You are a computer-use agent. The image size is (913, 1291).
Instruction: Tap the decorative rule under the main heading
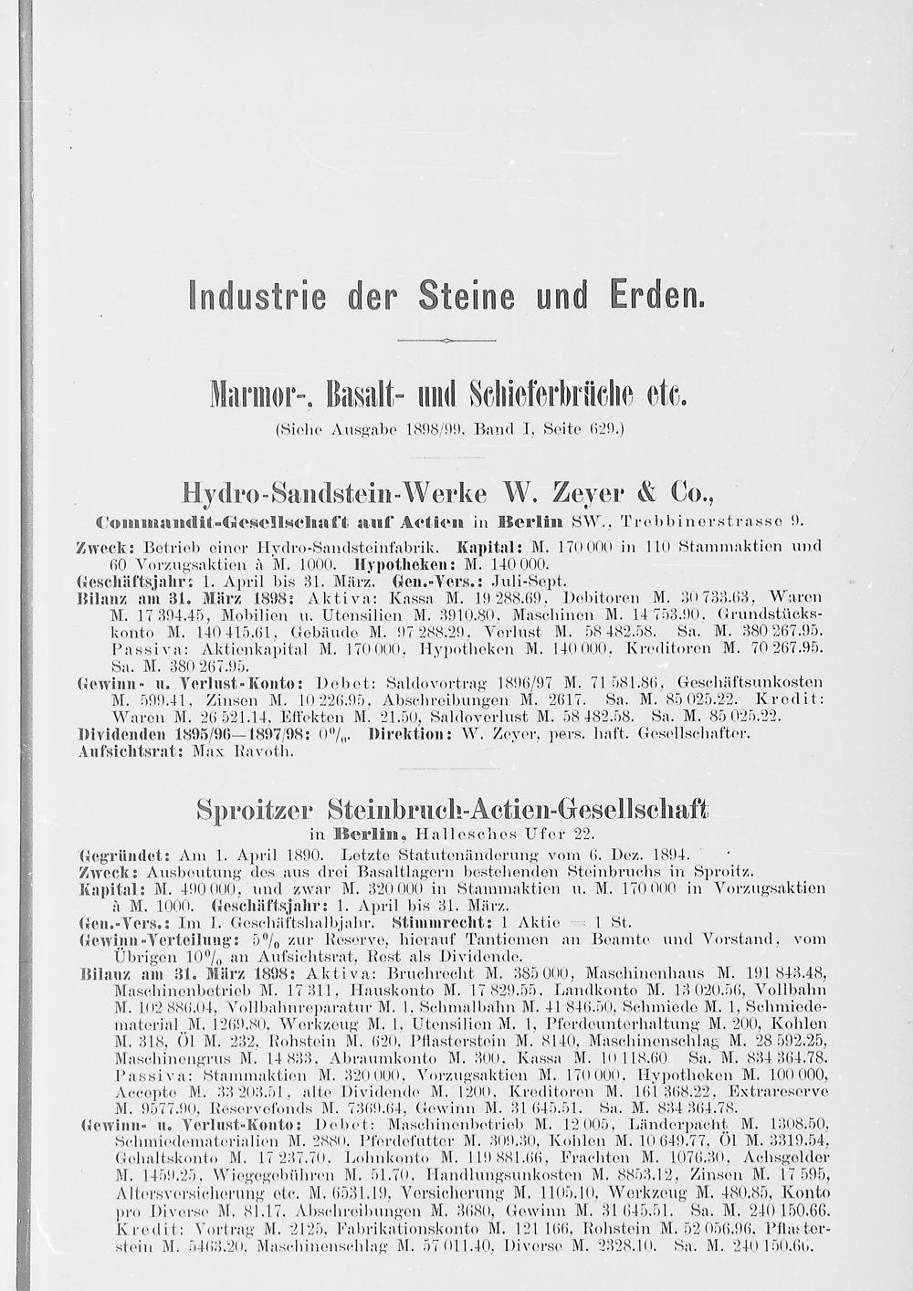(446, 340)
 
